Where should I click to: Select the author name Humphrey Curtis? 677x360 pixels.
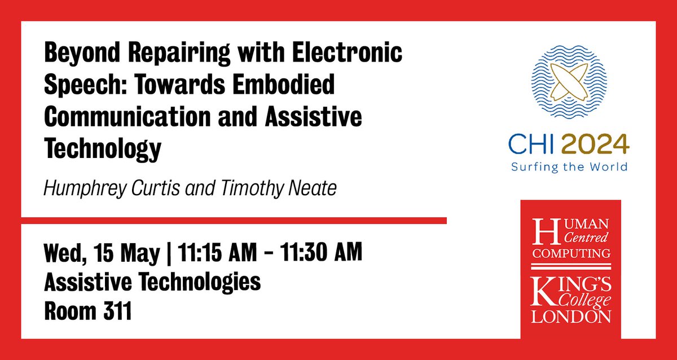(x=106, y=188)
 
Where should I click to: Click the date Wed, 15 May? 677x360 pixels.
(x=102, y=252)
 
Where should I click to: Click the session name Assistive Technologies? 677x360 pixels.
(x=152, y=282)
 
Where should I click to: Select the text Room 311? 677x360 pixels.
(x=87, y=311)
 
